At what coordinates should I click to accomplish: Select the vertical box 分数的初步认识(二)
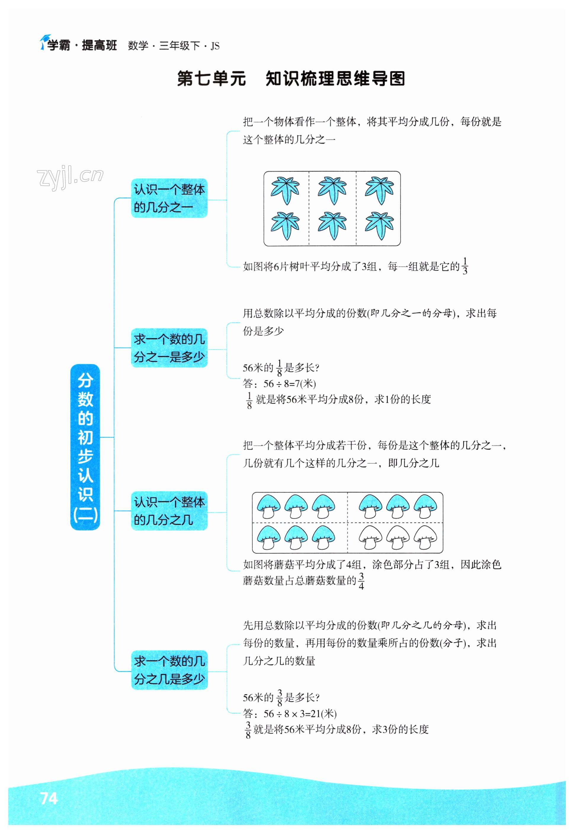[x=85, y=447]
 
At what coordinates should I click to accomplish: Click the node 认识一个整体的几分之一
[x=169, y=198]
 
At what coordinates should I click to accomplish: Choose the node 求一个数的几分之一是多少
[x=169, y=348]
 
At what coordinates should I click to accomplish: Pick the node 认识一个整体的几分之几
[x=169, y=511]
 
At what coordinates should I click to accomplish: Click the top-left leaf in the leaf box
[x=285, y=190]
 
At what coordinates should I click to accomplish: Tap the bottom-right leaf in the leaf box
[x=379, y=226]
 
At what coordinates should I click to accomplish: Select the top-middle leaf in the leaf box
[x=332, y=190]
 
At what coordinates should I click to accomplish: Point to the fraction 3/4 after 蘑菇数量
[x=361, y=581]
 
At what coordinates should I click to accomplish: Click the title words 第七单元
[x=211, y=79]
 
